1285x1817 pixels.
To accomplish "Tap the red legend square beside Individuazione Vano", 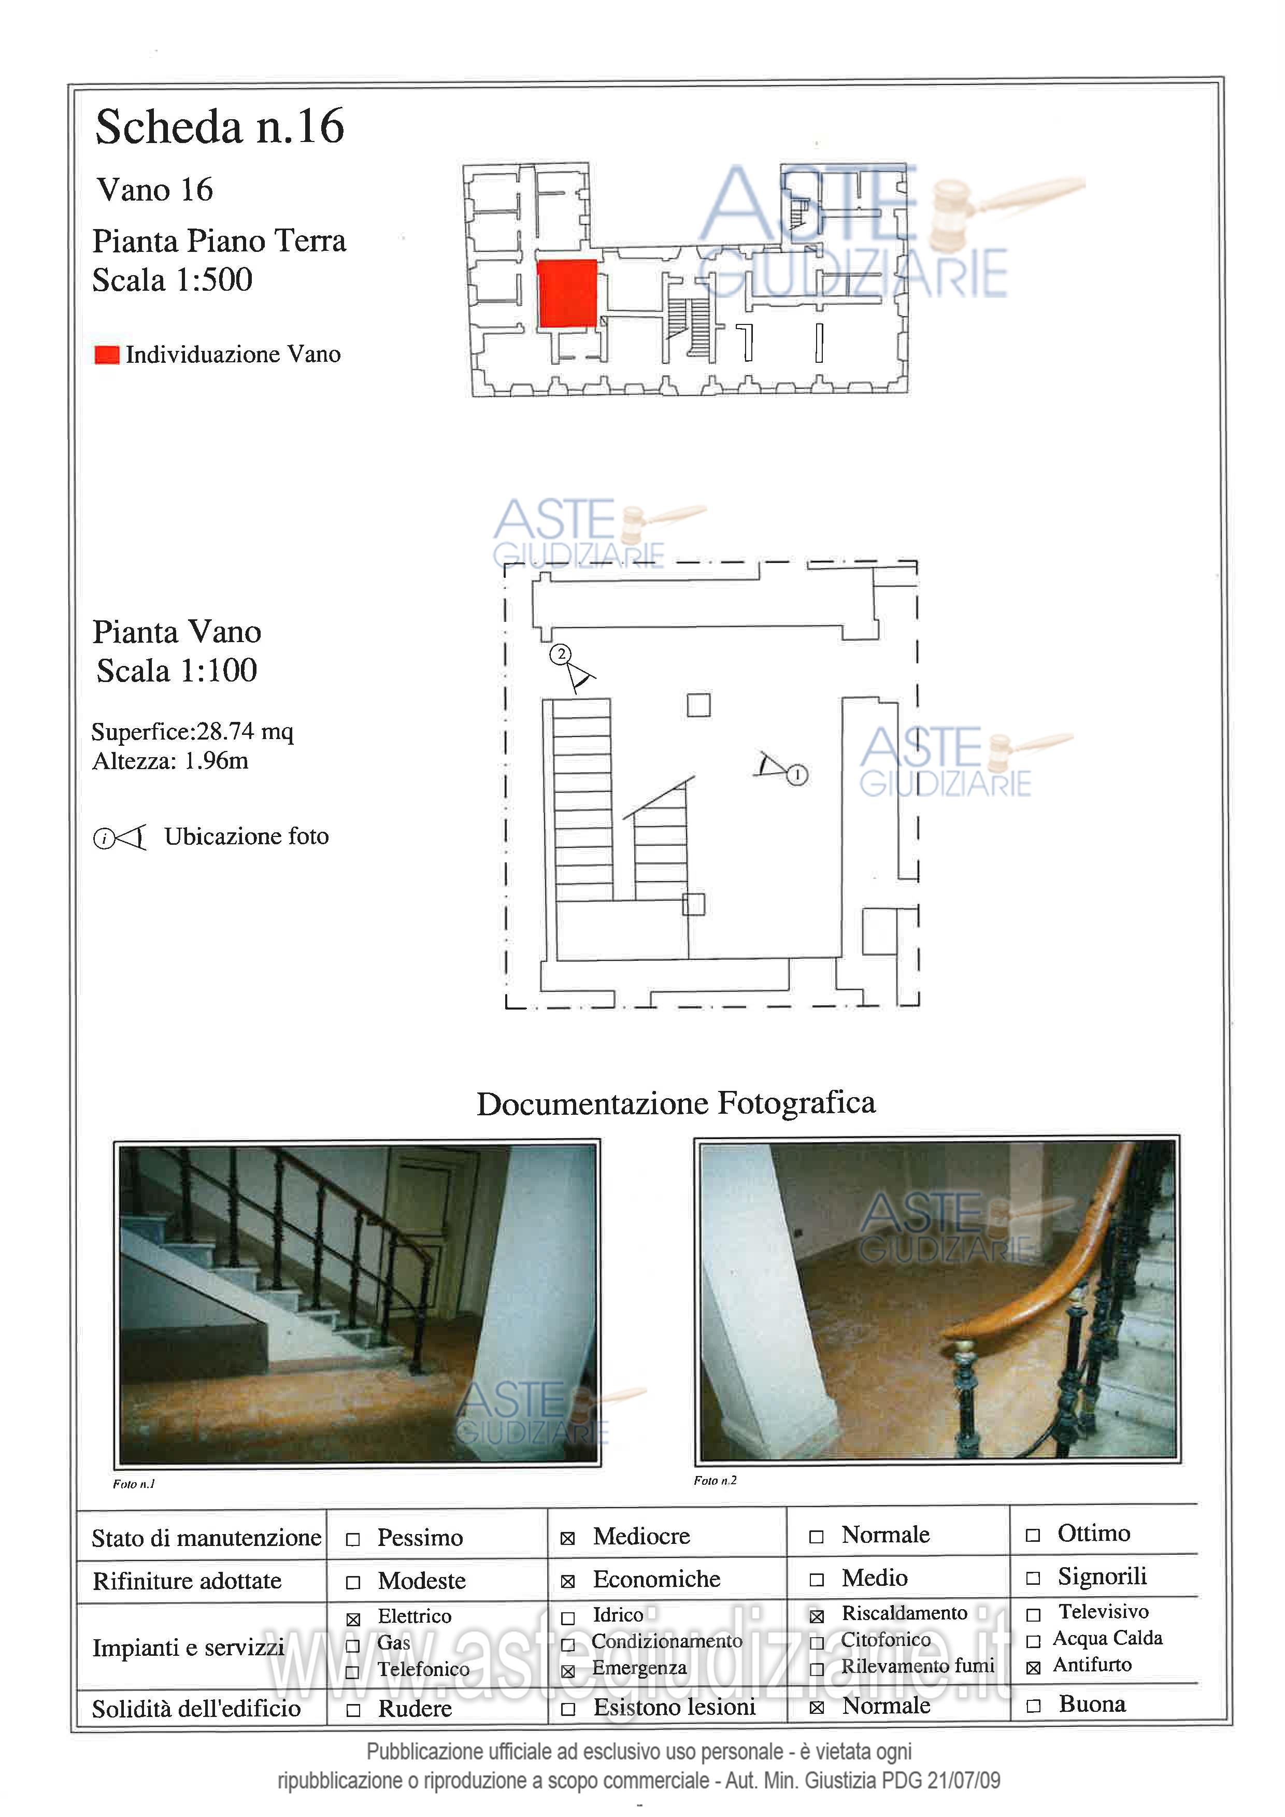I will pyautogui.click(x=107, y=354).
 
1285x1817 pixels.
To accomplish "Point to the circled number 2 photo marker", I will pyautogui.click(x=561, y=654).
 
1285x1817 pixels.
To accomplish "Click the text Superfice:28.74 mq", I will pyautogui.click(x=192, y=731).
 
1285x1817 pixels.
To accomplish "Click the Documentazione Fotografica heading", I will pyautogui.click(x=676, y=1103).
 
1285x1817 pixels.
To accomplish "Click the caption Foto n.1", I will pyautogui.click(x=134, y=1484).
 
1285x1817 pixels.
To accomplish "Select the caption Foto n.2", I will pyautogui.click(x=715, y=1480).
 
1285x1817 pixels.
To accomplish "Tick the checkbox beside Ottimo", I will pyautogui.click(x=1033, y=1535).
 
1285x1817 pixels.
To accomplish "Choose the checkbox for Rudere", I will pyautogui.click(x=353, y=1710).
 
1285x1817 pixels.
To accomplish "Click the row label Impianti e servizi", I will pyautogui.click(x=188, y=1648).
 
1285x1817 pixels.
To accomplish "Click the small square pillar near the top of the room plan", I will pyautogui.click(x=698, y=704).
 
